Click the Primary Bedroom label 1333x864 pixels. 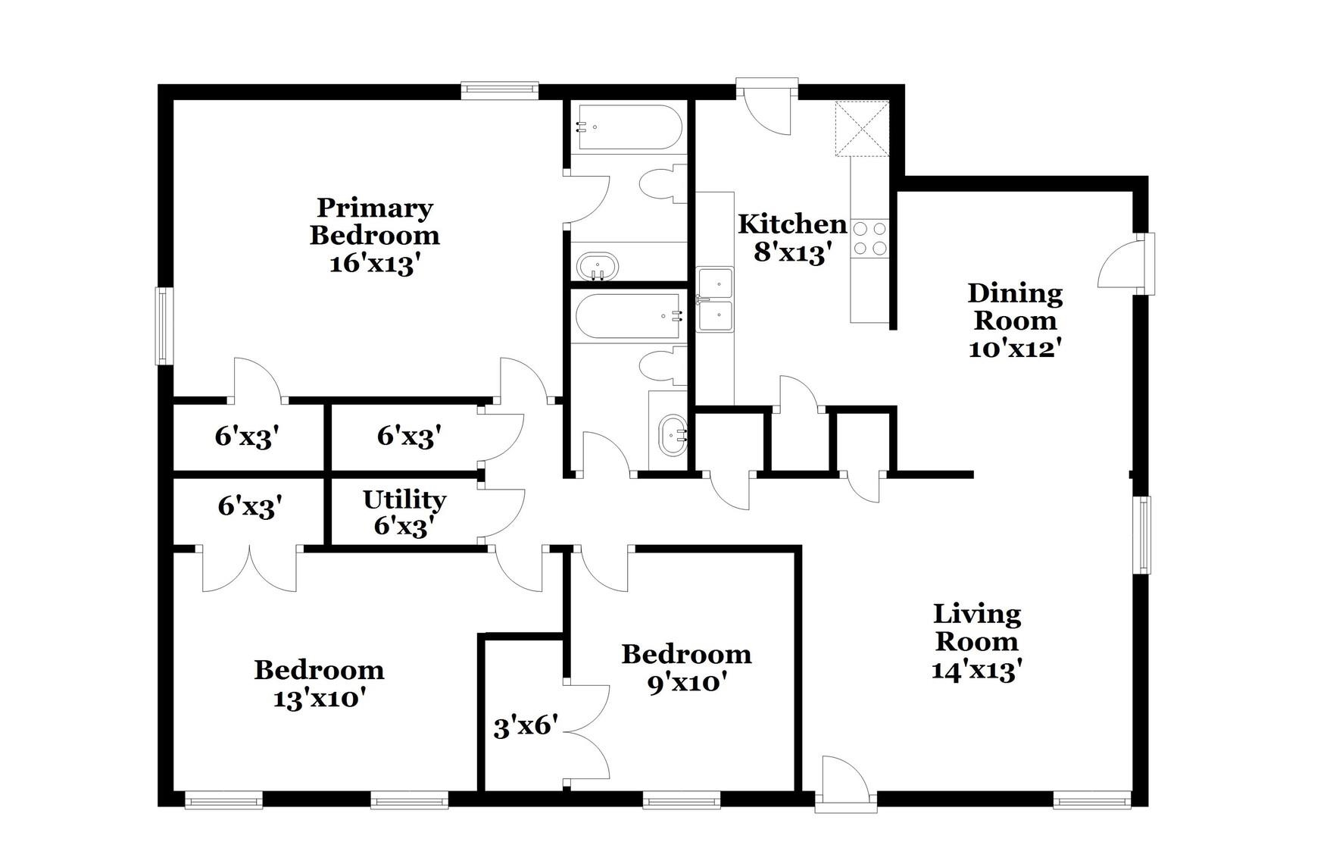(x=374, y=221)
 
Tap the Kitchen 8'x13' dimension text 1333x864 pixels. (x=788, y=252)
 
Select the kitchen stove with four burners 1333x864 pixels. (x=869, y=238)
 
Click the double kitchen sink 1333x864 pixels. (x=715, y=299)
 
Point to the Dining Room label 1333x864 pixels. (x=1015, y=306)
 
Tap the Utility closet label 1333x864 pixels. (x=404, y=500)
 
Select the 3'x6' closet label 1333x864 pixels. (x=526, y=728)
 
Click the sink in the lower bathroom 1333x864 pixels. (x=672, y=435)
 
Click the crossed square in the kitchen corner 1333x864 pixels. (x=861, y=129)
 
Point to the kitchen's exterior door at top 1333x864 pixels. (x=766, y=106)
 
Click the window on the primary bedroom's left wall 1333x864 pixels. (x=164, y=325)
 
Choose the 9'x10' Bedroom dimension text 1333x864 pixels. (x=686, y=683)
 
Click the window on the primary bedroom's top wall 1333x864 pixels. (x=500, y=91)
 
